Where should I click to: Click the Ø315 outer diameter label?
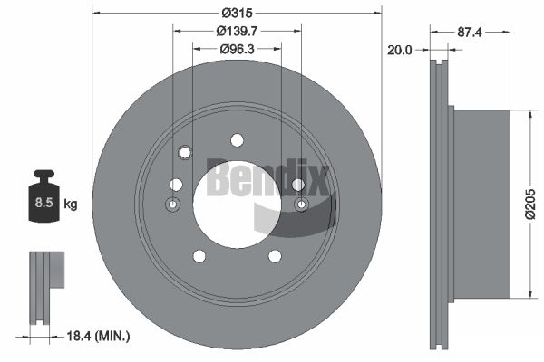pyautogui.click(x=238, y=14)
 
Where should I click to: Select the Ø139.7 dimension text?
pyautogui.click(x=237, y=31)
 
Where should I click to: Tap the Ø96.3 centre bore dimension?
pyautogui.click(x=237, y=49)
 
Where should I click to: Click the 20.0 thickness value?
pyautogui.click(x=399, y=51)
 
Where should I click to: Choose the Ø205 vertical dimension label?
pyautogui.click(x=530, y=204)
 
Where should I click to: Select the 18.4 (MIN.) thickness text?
pyautogui.click(x=98, y=336)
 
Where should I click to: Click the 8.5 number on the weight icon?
pyautogui.click(x=44, y=203)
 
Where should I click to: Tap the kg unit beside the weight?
pyautogui.click(x=71, y=205)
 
